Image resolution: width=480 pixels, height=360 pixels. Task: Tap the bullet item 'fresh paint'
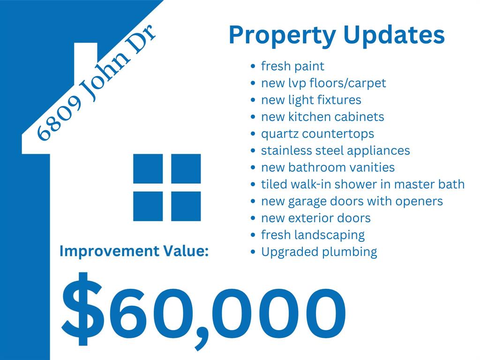[x=292, y=67]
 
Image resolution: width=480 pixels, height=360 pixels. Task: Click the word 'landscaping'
[x=330, y=236]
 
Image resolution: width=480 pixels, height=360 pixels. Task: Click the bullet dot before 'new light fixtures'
[x=253, y=100]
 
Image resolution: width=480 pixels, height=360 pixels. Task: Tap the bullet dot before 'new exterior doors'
[x=253, y=218]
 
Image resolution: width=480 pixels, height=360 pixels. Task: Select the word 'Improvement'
[x=109, y=251]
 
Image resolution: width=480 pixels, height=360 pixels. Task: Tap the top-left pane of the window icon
[x=148, y=169]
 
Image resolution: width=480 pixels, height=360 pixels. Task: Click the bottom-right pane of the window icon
[x=186, y=206]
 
